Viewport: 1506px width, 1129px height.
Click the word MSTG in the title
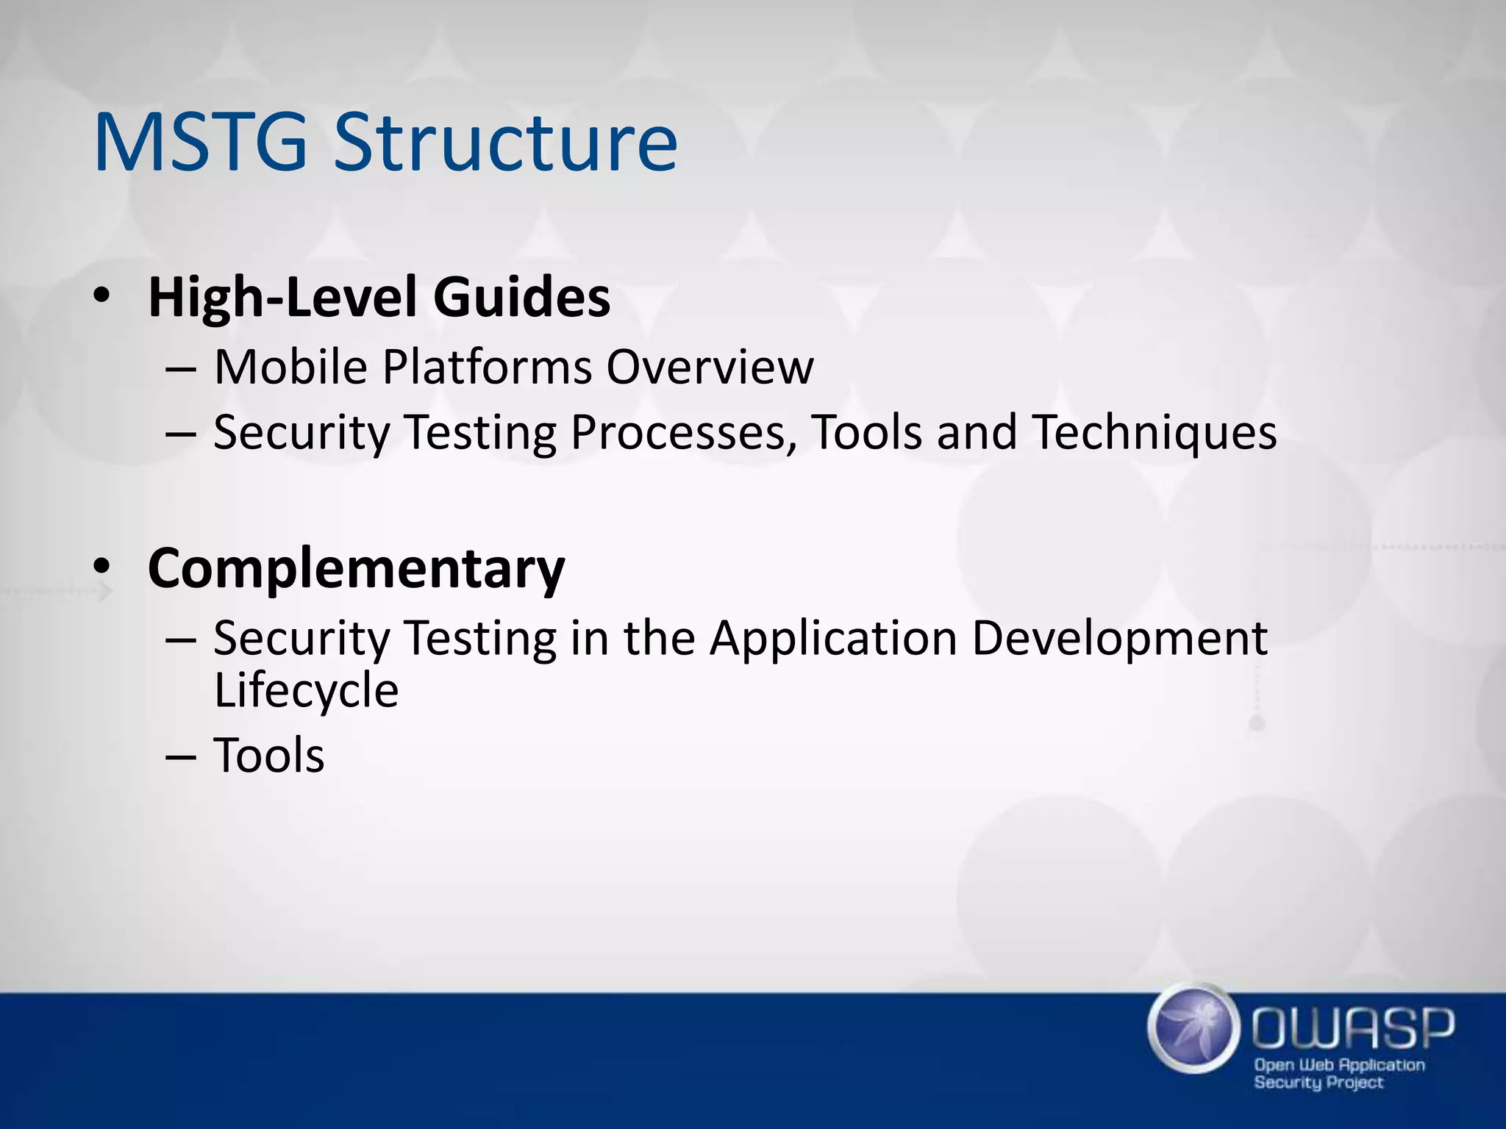pyautogui.click(x=200, y=143)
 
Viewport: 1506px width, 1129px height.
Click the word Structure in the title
pyautogui.click(x=505, y=143)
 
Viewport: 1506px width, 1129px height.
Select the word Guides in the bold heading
pyautogui.click(x=521, y=298)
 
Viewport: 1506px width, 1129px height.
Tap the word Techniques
pyautogui.click(x=1155, y=432)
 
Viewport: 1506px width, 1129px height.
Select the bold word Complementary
pyautogui.click(x=356, y=568)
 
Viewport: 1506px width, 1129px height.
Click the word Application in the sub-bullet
pyautogui.click(x=833, y=638)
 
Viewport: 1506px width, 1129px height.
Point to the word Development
pyautogui.click(x=1119, y=638)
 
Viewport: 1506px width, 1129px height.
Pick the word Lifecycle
pyautogui.click(x=306, y=691)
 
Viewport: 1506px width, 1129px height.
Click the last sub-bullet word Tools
pyautogui.click(x=268, y=756)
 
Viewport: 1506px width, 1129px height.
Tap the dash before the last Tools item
pyautogui.click(x=181, y=757)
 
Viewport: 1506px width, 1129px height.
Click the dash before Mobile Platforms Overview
pyautogui.click(x=181, y=368)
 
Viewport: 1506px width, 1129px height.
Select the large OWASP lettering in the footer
pyautogui.click(x=1353, y=1029)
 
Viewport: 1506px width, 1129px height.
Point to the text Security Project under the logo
pyautogui.click(x=1318, y=1083)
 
